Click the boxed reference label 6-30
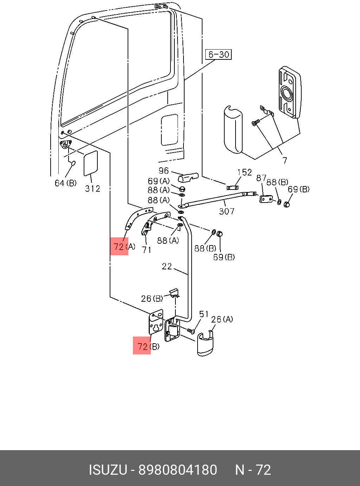click(218, 55)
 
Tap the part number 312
click(92, 189)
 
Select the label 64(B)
click(65, 183)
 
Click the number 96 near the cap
click(164, 171)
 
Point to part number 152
click(244, 172)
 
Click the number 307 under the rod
click(226, 211)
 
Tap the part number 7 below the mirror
click(285, 161)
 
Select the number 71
click(147, 250)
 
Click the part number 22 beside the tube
click(167, 267)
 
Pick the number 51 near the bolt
click(204, 314)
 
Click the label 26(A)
click(222, 319)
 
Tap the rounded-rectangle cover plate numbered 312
click(90, 163)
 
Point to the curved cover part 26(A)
click(205, 344)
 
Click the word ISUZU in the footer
click(108, 470)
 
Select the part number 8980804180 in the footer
click(178, 470)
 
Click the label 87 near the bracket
click(261, 178)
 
